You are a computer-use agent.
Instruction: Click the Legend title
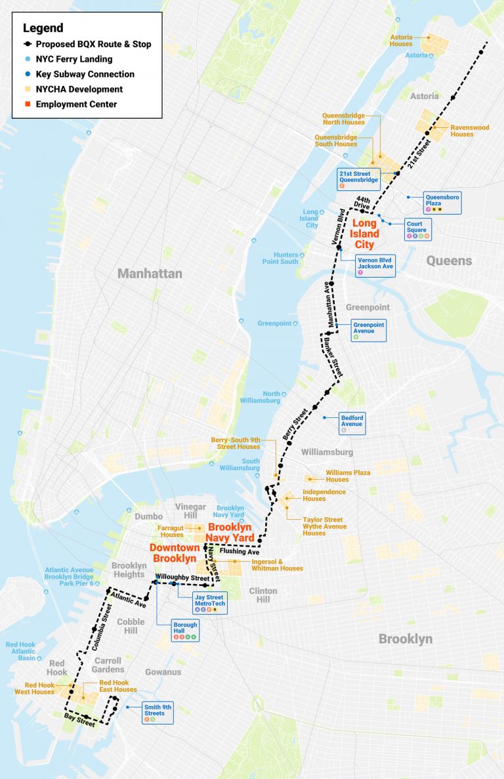point(43,28)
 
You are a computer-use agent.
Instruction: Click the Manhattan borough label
point(150,273)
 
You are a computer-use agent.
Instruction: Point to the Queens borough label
point(449,261)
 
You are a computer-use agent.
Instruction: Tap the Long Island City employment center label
point(364,234)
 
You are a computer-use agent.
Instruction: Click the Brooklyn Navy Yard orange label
point(230,532)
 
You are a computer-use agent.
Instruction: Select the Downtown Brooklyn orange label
point(174,553)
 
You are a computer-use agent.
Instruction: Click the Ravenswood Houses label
point(461,131)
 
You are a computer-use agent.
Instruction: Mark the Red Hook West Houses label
point(35,689)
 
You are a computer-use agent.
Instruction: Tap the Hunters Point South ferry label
point(280,258)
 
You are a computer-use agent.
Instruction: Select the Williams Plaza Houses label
point(348,476)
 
